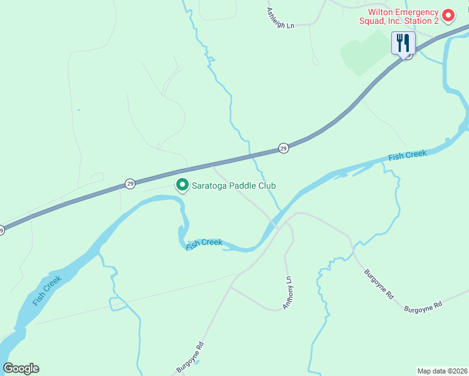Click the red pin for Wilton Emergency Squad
(x=448, y=15)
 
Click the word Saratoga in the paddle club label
(x=211, y=185)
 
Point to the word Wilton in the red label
(x=382, y=12)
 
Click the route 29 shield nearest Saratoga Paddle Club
(x=130, y=184)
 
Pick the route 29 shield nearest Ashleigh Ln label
(x=283, y=149)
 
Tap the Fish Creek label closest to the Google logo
(x=47, y=290)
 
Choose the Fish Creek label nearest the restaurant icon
(x=407, y=155)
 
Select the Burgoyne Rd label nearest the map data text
(x=423, y=307)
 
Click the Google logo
(x=21, y=368)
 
